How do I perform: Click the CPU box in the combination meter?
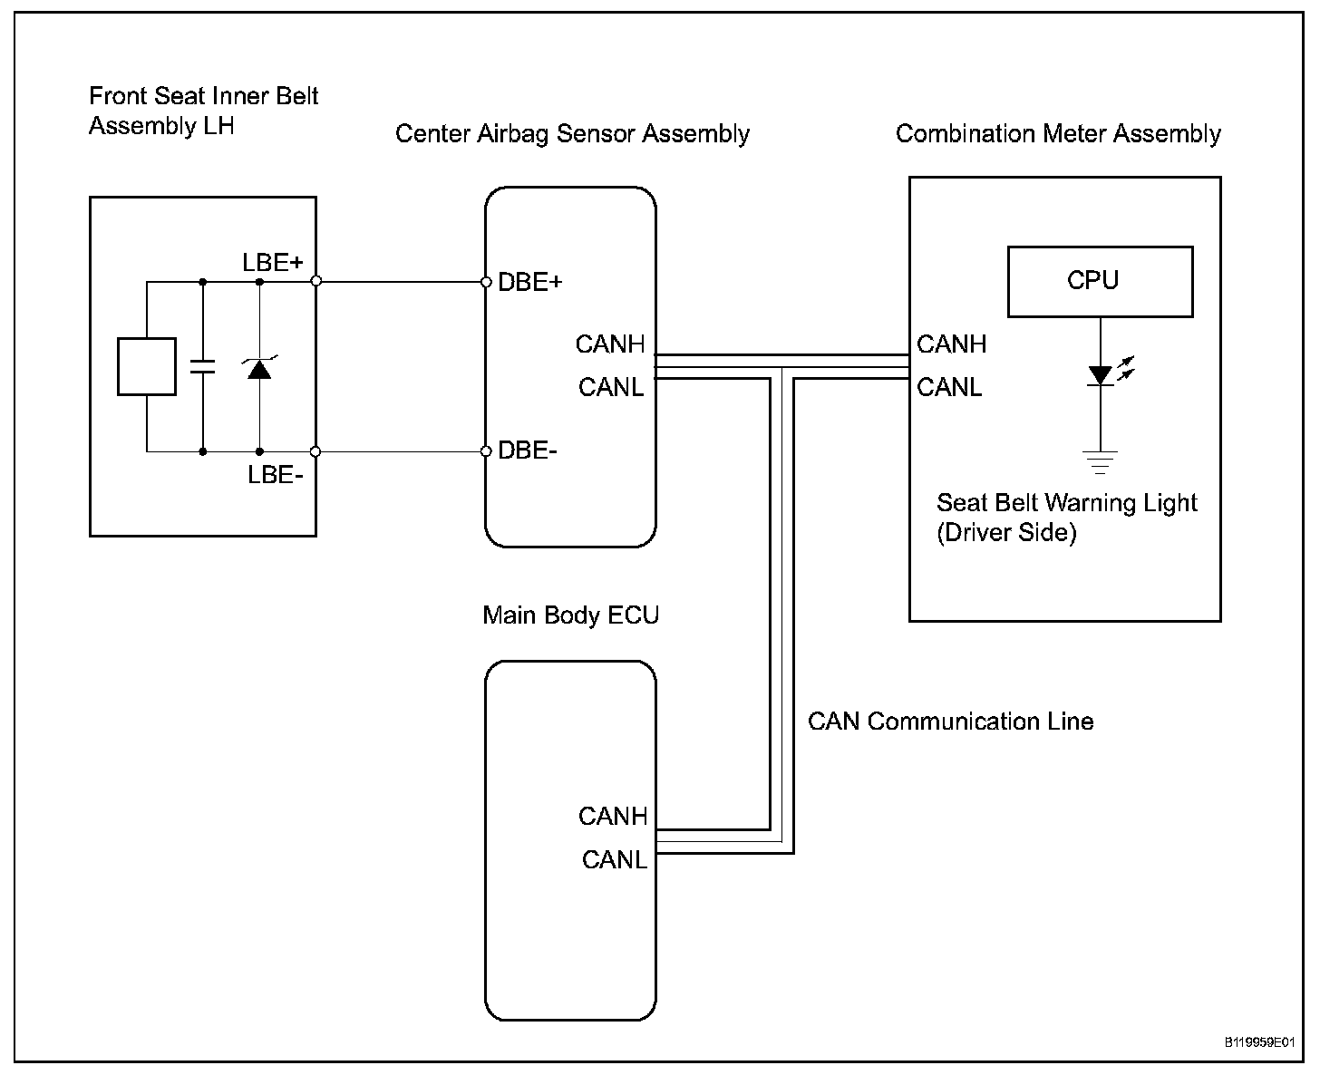coord(1100,282)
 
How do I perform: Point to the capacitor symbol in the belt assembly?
coord(203,367)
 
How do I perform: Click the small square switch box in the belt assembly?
coord(147,367)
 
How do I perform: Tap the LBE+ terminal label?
coord(273,263)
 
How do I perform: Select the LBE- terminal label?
coord(276,475)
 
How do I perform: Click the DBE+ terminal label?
coord(529,282)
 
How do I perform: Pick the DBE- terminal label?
coord(528,450)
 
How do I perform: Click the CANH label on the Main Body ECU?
coord(612,817)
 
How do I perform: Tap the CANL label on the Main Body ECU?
coord(614,860)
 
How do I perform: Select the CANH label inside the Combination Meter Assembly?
coord(951,344)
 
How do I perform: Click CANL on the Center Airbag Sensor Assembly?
coord(611,387)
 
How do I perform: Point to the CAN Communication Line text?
coord(951,722)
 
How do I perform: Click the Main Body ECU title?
coord(571,615)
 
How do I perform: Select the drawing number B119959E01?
coord(1260,1042)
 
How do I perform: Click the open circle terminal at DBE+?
coord(487,283)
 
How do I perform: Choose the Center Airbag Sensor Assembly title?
coord(573,134)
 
